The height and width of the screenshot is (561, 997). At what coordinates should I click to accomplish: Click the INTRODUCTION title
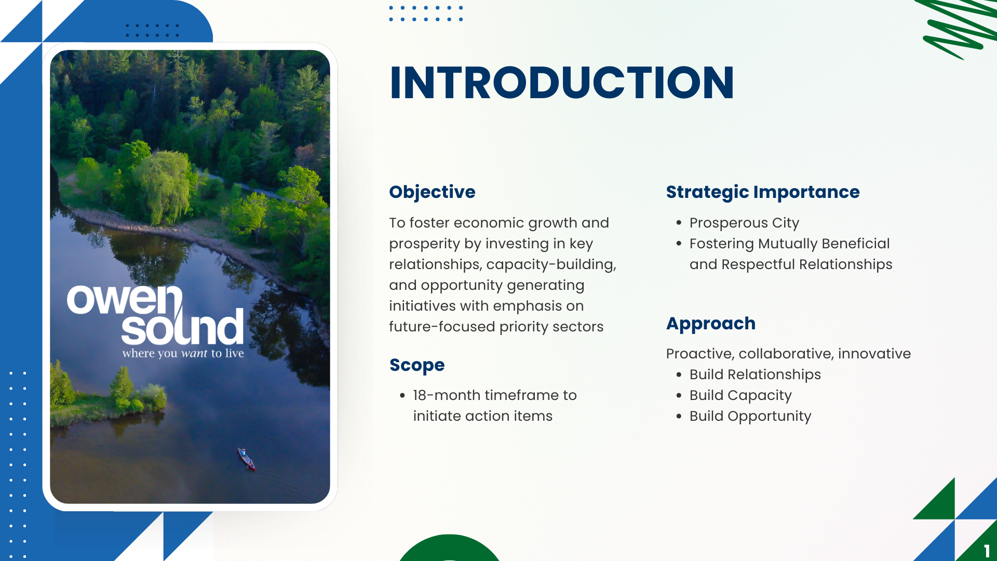(562, 83)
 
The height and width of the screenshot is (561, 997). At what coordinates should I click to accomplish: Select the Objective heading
(432, 192)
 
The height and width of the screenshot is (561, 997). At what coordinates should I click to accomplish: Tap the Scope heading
(417, 365)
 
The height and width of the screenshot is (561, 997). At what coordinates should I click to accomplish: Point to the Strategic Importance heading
(763, 192)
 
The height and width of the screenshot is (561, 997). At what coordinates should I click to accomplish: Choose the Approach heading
(711, 324)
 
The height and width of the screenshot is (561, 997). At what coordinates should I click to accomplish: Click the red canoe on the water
(247, 459)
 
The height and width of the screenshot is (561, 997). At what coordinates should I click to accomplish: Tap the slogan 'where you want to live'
(183, 353)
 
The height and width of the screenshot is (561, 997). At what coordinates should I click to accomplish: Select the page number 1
(987, 551)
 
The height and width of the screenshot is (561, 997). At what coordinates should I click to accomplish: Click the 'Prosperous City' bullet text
(744, 223)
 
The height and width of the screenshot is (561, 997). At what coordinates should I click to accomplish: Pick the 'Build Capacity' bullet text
(740, 395)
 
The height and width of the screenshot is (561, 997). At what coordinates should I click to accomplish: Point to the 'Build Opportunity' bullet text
(750, 416)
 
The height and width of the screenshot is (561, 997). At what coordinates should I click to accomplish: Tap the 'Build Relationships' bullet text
(755, 375)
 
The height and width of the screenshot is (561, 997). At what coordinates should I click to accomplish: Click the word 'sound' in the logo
(182, 327)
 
